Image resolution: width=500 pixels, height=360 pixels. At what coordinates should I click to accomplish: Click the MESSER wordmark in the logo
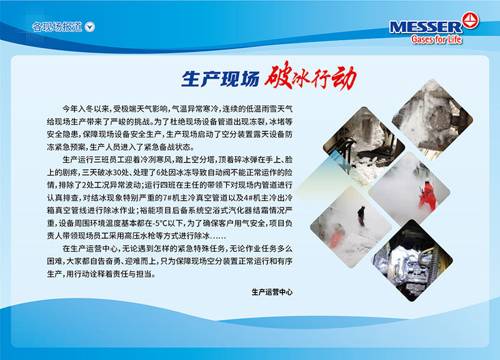click(x=426, y=27)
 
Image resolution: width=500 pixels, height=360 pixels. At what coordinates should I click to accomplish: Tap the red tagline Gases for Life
click(x=436, y=39)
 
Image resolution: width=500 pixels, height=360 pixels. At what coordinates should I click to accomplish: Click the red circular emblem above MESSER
click(x=471, y=21)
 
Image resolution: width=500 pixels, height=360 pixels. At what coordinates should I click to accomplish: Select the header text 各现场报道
click(x=57, y=27)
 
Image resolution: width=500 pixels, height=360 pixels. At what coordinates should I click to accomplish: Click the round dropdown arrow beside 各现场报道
click(x=90, y=27)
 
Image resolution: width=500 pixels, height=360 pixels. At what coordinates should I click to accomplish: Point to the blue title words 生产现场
click(x=221, y=79)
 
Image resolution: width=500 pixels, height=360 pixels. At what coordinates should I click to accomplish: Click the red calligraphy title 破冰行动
click(x=310, y=76)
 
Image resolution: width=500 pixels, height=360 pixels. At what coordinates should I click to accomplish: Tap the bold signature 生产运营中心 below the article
click(x=272, y=292)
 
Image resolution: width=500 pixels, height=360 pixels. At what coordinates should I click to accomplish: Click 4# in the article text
click(x=247, y=198)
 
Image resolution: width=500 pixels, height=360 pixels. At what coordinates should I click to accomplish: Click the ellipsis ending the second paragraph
click(x=218, y=237)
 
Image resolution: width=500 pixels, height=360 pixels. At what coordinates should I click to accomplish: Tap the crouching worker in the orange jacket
click(x=337, y=236)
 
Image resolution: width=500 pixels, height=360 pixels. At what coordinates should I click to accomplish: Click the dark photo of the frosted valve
click(x=412, y=261)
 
